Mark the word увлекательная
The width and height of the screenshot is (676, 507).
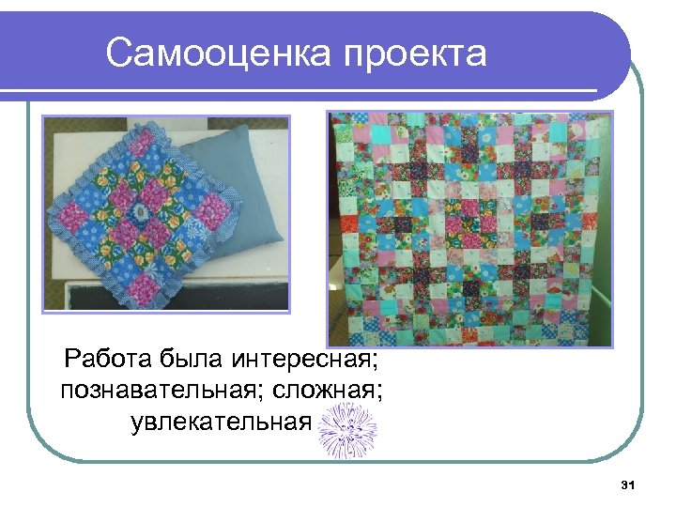(221, 422)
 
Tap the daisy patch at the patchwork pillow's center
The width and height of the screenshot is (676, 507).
(142, 212)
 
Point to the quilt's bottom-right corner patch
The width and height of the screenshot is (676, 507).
(601, 332)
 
